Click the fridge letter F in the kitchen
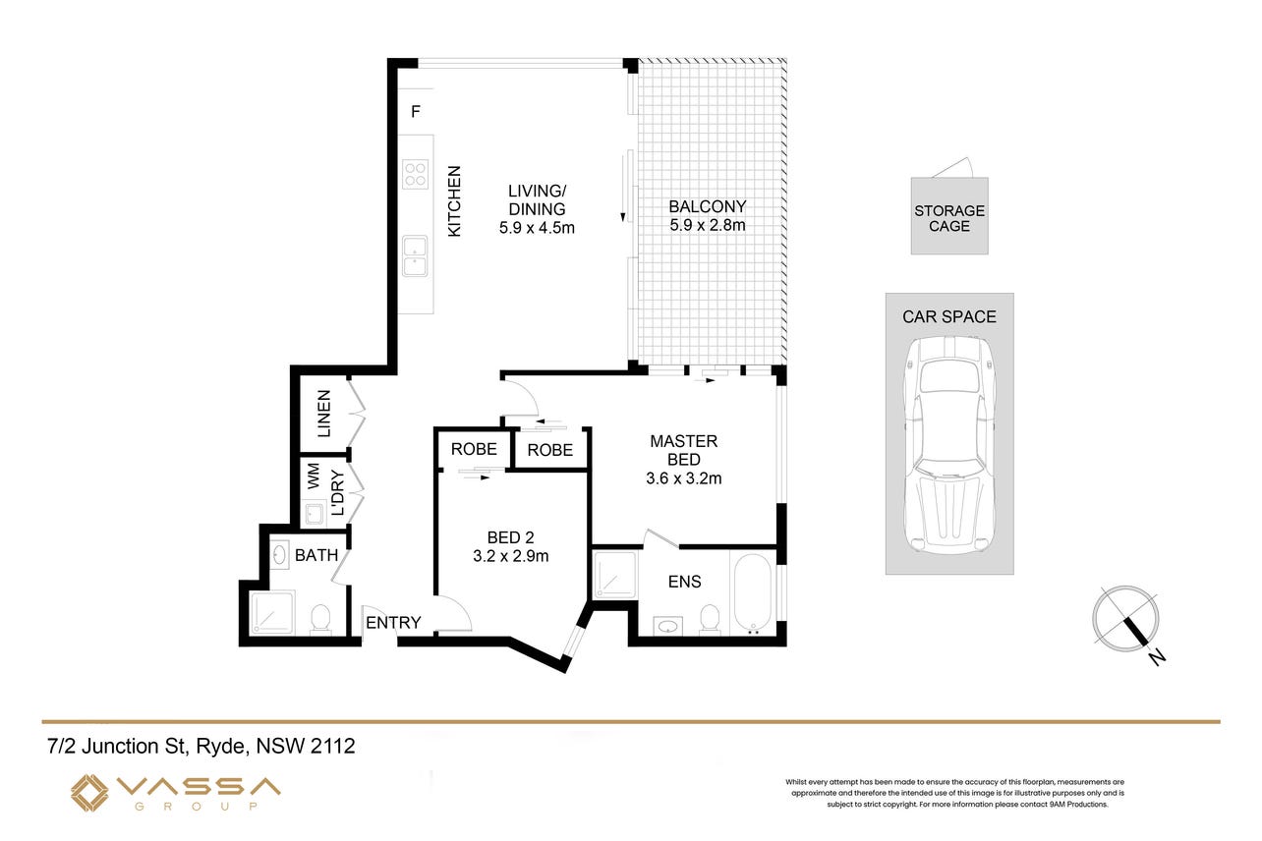click(x=416, y=112)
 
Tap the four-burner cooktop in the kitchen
click(x=415, y=174)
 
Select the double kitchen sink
click(x=415, y=255)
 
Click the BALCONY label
click(x=707, y=206)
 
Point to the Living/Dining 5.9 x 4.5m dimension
click(x=537, y=228)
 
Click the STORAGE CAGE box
click(x=949, y=216)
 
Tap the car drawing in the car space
click(x=949, y=444)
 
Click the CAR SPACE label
click(x=949, y=316)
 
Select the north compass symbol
click(x=1126, y=620)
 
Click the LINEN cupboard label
click(x=324, y=414)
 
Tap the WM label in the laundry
click(x=313, y=476)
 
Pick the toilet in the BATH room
click(x=320, y=618)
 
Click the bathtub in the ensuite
click(x=752, y=591)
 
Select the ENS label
click(x=684, y=582)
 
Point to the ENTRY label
click(x=393, y=623)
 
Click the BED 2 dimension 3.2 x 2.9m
click(x=510, y=556)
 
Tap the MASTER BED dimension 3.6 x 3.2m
click(x=683, y=478)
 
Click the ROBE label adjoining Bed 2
click(x=474, y=449)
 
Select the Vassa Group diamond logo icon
click(x=89, y=793)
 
